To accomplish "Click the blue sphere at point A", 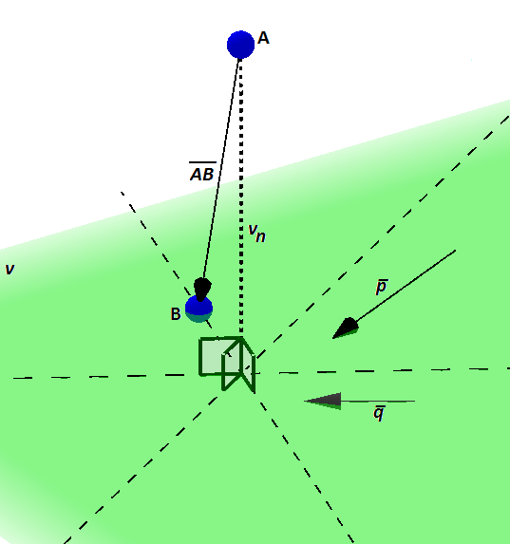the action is (240, 45).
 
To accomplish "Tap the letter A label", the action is (263, 38).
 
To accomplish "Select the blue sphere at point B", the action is (198, 309).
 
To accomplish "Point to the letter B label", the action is (176, 314).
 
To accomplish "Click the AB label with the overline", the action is (202, 172).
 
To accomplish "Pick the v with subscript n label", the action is (257, 234).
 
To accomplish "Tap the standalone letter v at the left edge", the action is (9, 270).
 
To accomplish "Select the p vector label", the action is (382, 287).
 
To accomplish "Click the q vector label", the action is (379, 413).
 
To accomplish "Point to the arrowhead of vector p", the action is (346, 328).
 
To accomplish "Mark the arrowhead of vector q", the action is (323, 401).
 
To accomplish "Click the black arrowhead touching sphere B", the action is (202, 289).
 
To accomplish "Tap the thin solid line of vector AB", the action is (221, 170).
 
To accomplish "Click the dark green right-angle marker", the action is (227, 364).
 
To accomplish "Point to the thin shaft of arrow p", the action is (406, 285).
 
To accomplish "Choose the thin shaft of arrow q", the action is (378, 402).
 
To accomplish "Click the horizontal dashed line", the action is (261, 373).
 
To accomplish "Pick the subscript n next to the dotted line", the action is (261, 236).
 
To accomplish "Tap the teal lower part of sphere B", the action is (198, 317).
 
